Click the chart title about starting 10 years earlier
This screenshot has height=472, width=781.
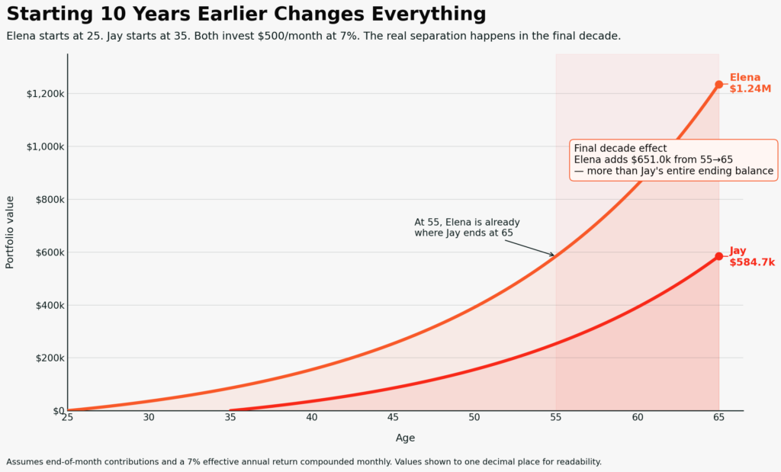click(246, 14)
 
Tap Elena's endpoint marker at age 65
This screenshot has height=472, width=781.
click(718, 85)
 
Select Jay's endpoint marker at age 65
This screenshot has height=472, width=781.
click(718, 256)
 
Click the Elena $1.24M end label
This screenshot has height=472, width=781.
click(750, 83)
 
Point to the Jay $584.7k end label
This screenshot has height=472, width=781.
click(751, 256)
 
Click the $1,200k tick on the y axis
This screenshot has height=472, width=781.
click(44, 94)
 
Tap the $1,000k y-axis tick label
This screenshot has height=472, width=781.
click(44, 146)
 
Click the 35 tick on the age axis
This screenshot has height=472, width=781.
click(230, 417)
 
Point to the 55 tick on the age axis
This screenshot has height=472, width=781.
click(556, 417)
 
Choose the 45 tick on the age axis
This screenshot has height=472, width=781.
click(393, 417)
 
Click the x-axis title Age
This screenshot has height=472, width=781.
click(405, 438)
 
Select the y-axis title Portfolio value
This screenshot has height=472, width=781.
click(10, 232)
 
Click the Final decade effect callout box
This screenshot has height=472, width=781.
click(673, 160)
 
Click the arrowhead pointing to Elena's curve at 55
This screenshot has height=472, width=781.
click(553, 255)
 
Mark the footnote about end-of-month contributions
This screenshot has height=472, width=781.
click(304, 461)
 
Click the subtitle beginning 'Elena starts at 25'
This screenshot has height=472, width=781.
click(313, 36)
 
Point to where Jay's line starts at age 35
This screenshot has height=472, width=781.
click(231, 410)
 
